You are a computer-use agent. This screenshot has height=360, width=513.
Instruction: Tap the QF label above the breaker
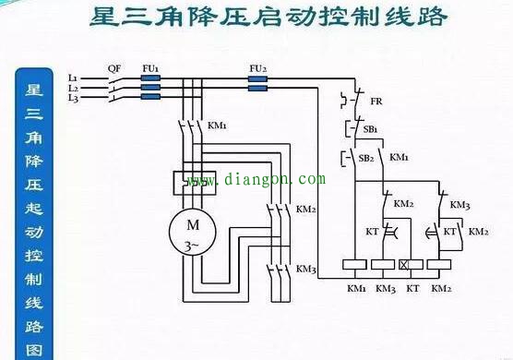[113, 68]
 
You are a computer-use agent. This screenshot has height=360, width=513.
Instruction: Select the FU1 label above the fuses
[151, 68]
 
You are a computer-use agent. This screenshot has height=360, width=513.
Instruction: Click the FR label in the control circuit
[376, 102]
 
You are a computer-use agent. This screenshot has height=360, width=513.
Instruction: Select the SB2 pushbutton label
[365, 158]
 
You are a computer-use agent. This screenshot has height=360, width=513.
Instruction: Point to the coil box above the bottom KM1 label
[356, 264]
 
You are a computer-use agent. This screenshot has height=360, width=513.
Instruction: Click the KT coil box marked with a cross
[412, 264]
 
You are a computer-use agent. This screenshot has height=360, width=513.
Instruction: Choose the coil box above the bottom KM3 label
[384, 264]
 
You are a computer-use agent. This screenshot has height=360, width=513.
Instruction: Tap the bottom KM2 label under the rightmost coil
[441, 289]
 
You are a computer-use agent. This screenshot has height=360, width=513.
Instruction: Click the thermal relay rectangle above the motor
[194, 181]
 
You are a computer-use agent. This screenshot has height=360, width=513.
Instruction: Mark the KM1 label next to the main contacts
[218, 125]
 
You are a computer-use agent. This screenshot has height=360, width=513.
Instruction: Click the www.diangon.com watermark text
[256, 180]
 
